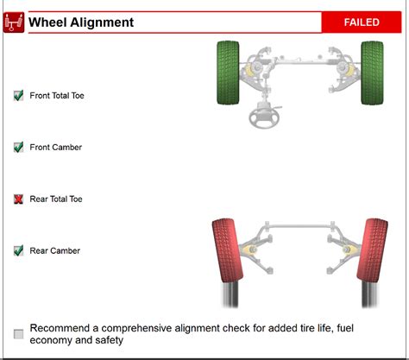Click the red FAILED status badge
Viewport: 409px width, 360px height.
362,22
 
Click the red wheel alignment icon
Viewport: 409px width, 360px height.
14,22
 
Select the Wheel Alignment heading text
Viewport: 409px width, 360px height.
81,22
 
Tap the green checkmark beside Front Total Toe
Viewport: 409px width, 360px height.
19,95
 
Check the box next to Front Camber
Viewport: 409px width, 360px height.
19,147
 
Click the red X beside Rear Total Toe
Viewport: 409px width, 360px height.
18,199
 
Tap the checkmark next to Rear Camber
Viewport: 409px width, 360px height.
19,250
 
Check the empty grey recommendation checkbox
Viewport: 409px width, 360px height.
19,334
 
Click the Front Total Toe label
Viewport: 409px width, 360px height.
57,96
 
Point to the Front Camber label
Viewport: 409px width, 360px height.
56,148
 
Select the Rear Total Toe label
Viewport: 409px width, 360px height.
56,199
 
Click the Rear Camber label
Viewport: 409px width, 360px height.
55,251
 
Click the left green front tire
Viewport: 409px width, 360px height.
228,73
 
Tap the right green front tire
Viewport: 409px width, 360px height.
372,73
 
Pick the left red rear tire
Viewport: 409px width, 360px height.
228,250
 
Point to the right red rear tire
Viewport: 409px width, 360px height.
373,250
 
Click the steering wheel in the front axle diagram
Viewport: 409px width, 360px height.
265,117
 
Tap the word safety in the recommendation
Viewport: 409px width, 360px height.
110,340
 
